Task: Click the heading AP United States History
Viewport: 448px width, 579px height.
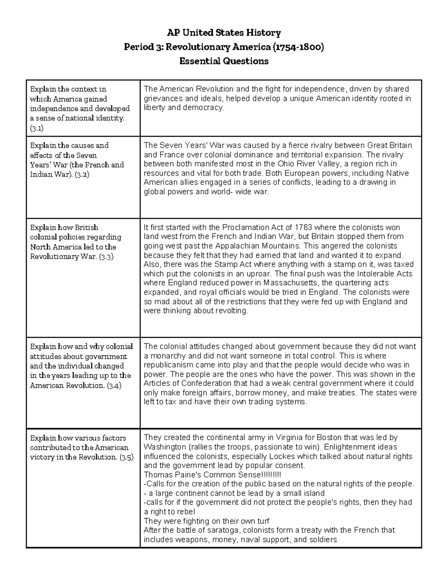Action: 224,33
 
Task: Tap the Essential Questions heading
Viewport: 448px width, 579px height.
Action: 224,61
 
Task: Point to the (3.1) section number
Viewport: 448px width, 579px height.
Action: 37,128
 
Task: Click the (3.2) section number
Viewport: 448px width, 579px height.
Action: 82,174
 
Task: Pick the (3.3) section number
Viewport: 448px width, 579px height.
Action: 106,257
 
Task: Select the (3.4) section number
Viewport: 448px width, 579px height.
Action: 114,386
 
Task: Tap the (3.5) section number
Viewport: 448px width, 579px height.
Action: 126,457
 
